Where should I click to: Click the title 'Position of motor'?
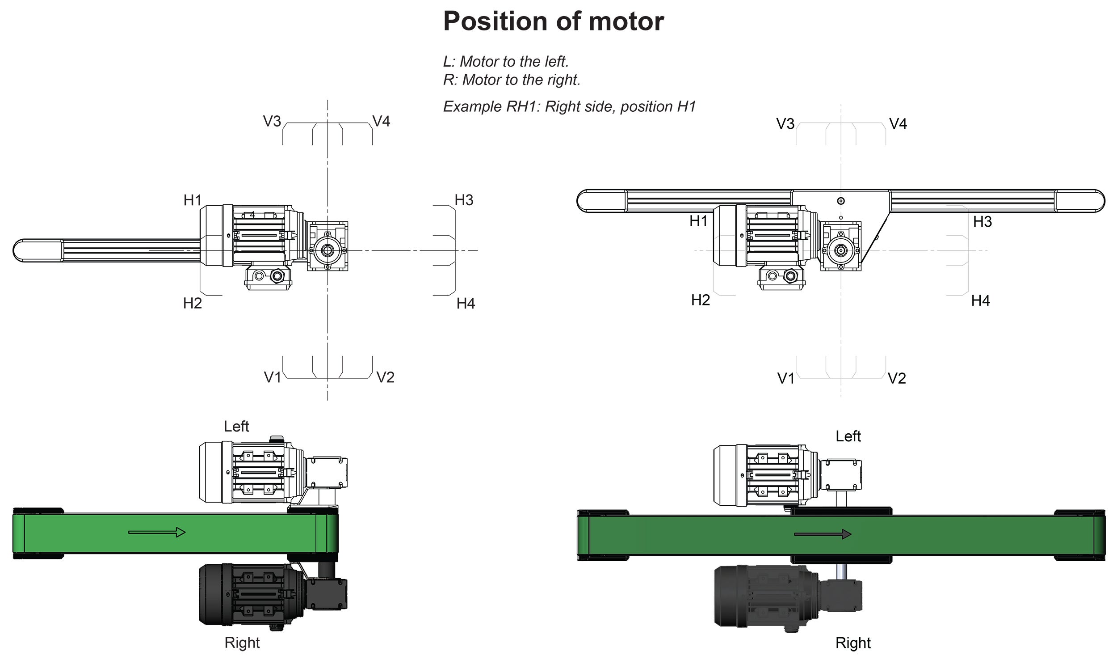tap(553, 21)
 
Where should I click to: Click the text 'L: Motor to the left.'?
tap(506, 61)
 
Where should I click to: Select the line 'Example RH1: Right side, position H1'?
tap(569, 106)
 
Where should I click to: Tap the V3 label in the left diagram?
tap(272, 121)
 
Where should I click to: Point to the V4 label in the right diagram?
tap(898, 124)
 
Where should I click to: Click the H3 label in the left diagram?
tap(464, 200)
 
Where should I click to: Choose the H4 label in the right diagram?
tap(980, 301)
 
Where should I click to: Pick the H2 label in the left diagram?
tap(192, 303)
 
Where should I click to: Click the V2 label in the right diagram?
tap(897, 378)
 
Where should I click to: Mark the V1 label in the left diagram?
tap(272, 377)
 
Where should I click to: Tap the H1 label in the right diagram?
tap(698, 221)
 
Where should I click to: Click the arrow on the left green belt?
tap(157, 532)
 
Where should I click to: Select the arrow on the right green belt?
tap(822, 534)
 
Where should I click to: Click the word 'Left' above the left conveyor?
tap(236, 427)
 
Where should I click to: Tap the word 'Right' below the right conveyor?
tap(853, 643)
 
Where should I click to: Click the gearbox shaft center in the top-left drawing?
tap(328, 250)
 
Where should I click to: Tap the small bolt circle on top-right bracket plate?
tap(841, 201)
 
